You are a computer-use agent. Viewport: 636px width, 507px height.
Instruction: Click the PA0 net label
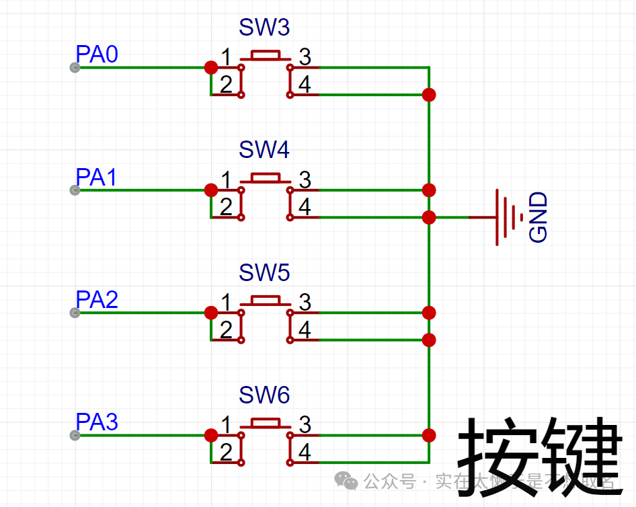point(97,54)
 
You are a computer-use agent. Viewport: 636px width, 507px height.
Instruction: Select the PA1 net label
point(97,178)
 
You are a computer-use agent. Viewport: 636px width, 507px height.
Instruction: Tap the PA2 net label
point(97,300)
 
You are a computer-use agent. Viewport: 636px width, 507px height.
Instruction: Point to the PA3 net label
point(97,422)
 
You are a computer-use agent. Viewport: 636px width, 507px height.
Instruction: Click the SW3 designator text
point(264,28)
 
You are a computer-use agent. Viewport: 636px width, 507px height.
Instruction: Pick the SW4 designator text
point(264,150)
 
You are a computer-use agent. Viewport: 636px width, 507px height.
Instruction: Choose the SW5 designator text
point(264,273)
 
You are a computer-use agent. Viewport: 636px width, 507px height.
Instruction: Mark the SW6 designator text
point(264,395)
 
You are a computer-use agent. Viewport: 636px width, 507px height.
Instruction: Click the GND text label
point(539,217)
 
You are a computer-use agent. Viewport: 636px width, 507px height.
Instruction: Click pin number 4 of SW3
point(305,85)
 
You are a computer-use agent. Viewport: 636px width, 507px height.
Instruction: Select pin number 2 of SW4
point(226,207)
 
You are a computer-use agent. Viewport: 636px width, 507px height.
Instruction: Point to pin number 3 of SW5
point(305,303)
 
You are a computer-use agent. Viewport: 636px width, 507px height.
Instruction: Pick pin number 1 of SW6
point(226,425)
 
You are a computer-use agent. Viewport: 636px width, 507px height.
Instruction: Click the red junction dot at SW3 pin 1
point(210,67)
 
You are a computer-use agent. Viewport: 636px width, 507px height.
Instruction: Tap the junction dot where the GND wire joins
point(429,217)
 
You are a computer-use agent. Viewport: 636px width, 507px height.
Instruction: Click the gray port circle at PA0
point(75,67)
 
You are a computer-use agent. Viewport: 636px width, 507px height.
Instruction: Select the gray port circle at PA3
point(75,435)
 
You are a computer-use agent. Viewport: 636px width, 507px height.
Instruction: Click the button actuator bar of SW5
point(266,299)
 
